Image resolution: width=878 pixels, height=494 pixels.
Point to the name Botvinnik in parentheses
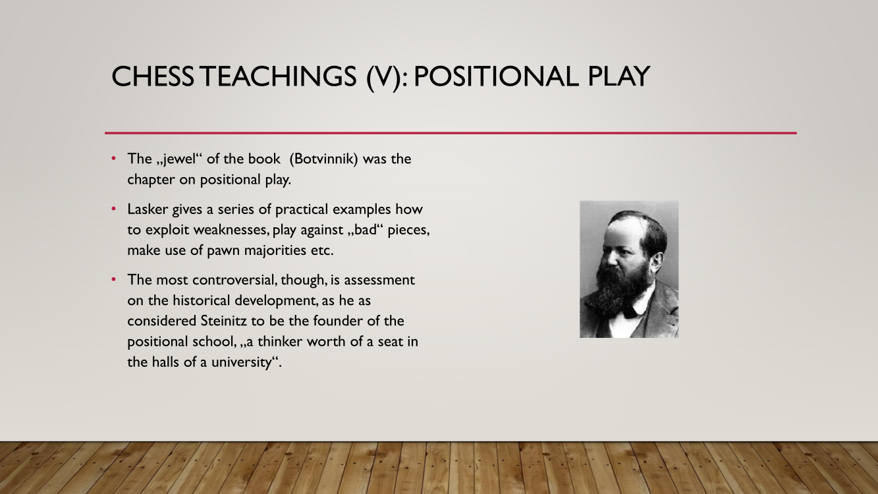pyautogui.click(x=324, y=159)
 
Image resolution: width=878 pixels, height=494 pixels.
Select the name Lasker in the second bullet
pyautogui.click(x=148, y=209)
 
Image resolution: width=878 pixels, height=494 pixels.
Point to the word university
pyautogui.click(x=242, y=362)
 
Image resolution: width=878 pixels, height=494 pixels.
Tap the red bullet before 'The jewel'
pyautogui.click(x=114, y=158)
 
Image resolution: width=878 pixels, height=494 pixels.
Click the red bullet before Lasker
pyautogui.click(x=114, y=209)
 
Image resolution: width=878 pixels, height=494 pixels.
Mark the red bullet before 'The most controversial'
pyautogui.click(x=114, y=279)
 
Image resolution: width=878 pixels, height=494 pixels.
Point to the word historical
pyautogui.click(x=201, y=300)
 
